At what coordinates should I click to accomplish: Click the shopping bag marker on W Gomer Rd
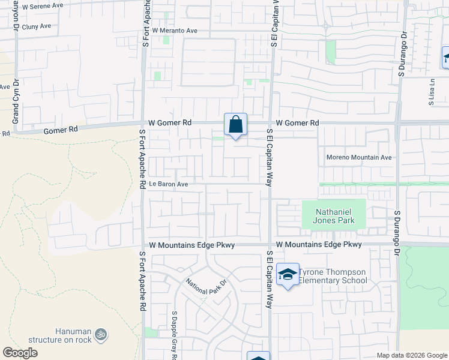[236, 125]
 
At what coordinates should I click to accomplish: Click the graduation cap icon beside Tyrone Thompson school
[289, 275]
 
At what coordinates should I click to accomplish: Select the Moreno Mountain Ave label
[359, 157]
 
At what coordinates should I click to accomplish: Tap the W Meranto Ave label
[175, 30]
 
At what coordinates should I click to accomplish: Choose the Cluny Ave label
[36, 27]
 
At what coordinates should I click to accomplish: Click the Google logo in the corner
[20, 353]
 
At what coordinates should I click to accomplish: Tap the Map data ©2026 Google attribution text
[411, 355]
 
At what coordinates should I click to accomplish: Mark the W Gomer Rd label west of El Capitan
[170, 122]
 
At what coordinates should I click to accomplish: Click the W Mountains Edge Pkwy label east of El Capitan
[319, 245]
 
